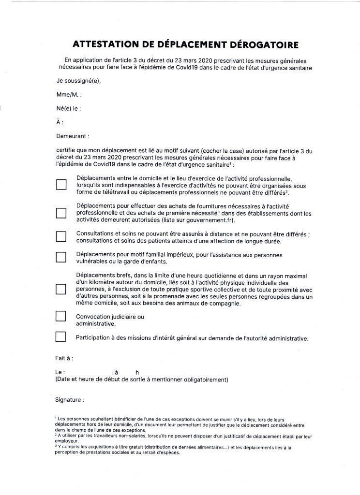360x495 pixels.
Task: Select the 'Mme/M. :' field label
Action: tap(69, 95)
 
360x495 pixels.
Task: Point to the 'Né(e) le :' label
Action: tap(69, 109)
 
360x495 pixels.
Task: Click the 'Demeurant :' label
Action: tap(73, 137)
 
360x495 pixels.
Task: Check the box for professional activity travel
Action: tap(61, 186)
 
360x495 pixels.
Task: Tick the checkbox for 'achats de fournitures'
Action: tap(61, 213)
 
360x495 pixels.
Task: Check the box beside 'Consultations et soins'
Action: tap(61, 236)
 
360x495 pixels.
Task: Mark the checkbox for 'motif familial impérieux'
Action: tap(61, 258)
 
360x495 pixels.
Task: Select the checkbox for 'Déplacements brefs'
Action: tap(61, 289)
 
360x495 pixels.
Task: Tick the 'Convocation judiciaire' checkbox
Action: tap(61, 316)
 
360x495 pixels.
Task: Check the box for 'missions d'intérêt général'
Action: tap(61, 336)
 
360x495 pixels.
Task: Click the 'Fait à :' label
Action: tap(65, 358)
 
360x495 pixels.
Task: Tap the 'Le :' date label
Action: tap(60, 372)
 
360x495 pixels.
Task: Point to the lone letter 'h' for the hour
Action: tap(137, 372)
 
